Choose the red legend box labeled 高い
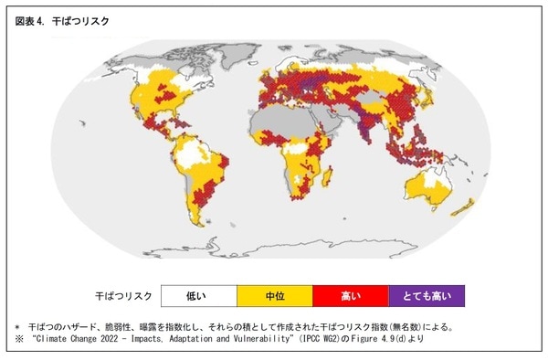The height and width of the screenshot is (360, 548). [x=350, y=295]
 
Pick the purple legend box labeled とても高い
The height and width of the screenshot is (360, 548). [x=427, y=295]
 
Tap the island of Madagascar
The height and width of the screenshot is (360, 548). [x=337, y=184]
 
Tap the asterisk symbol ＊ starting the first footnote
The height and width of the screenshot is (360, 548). [x=16, y=325]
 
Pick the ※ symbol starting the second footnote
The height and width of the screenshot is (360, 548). [x=16, y=338]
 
